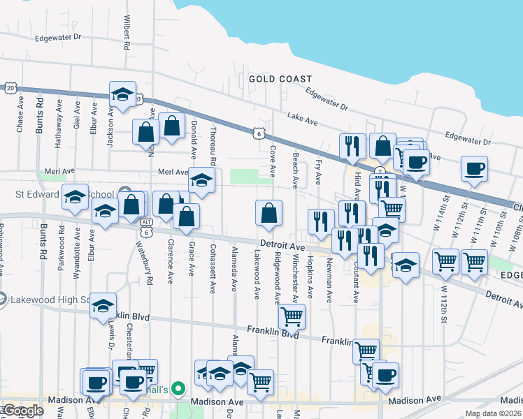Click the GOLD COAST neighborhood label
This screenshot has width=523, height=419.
coord(280,79)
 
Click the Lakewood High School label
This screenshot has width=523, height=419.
coord(51,300)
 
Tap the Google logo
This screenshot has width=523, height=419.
coord(23,411)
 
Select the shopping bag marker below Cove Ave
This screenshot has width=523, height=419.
coord(269,214)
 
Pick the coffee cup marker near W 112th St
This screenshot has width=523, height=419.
coord(475,168)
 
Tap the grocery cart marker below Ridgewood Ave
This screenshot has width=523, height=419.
coord(292,316)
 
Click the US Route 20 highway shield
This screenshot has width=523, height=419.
coord(9,88)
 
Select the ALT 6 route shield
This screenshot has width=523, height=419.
coord(146,226)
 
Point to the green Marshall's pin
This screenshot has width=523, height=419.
coord(178,389)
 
